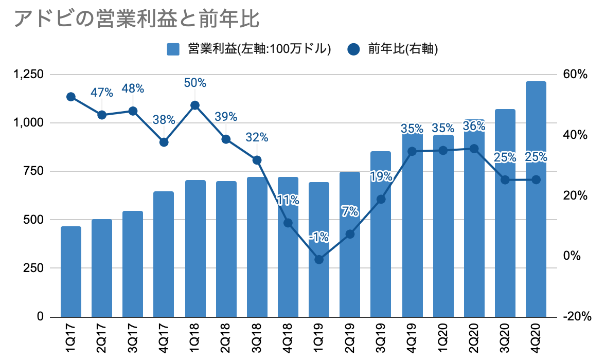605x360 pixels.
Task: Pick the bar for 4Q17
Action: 164,254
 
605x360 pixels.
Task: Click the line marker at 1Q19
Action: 319,260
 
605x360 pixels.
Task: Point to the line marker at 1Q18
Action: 195,105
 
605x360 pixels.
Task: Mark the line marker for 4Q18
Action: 288,223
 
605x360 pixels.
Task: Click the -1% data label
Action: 319,237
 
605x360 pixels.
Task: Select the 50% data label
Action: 195,83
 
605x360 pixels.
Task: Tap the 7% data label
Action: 350,211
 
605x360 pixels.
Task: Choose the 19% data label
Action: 381,176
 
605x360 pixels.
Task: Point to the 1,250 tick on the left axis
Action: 30,75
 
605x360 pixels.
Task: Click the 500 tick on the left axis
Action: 35,220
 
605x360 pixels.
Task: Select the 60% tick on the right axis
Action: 575,75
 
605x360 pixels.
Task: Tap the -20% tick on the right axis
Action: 575,317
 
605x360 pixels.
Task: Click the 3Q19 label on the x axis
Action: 381,336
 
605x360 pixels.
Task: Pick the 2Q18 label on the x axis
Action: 226,336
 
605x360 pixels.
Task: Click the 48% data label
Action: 133,88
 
